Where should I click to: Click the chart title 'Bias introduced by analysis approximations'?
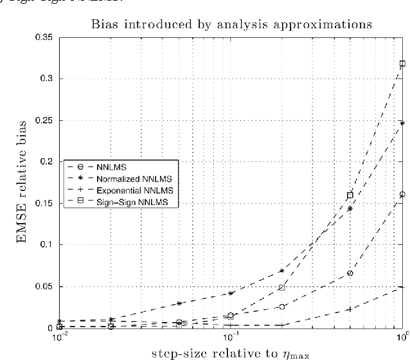231,26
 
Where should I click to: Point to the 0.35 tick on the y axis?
46,37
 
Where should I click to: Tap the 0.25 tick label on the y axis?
46,120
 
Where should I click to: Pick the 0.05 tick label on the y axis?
46,286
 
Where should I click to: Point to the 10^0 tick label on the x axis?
402,337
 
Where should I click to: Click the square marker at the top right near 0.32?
403,64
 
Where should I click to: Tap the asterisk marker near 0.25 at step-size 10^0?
403,123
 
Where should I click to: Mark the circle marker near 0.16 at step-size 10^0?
403,194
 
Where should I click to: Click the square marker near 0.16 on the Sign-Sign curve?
351,195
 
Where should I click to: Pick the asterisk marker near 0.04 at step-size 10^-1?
231,293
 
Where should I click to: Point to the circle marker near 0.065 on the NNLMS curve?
351,273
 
